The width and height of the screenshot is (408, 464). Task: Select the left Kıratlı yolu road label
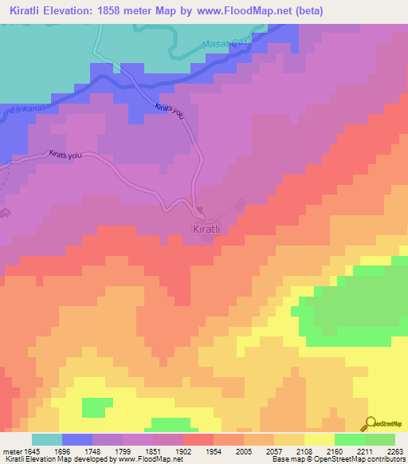[x=65, y=155]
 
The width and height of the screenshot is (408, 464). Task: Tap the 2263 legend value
[x=396, y=451]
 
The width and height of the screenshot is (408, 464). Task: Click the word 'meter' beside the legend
[x=11, y=451]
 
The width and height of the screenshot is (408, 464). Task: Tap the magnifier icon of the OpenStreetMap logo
[x=369, y=424]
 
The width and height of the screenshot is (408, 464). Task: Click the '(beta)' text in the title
[x=307, y=10]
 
